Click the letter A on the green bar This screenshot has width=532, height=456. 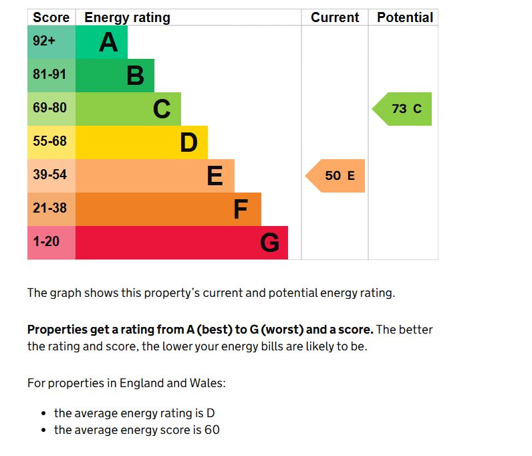pos(108,42)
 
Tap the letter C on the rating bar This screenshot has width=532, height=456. pos(162,109)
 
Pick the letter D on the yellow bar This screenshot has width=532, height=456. pos(188,142)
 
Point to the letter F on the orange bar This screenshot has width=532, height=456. pos(241,209)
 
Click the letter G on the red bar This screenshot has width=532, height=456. pos(269,243)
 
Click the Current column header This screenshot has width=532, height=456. pos(335,17)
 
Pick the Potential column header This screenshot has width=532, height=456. pos(405,17)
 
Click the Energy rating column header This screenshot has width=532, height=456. pos(127,17)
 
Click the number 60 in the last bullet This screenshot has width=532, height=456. pos(211,430)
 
